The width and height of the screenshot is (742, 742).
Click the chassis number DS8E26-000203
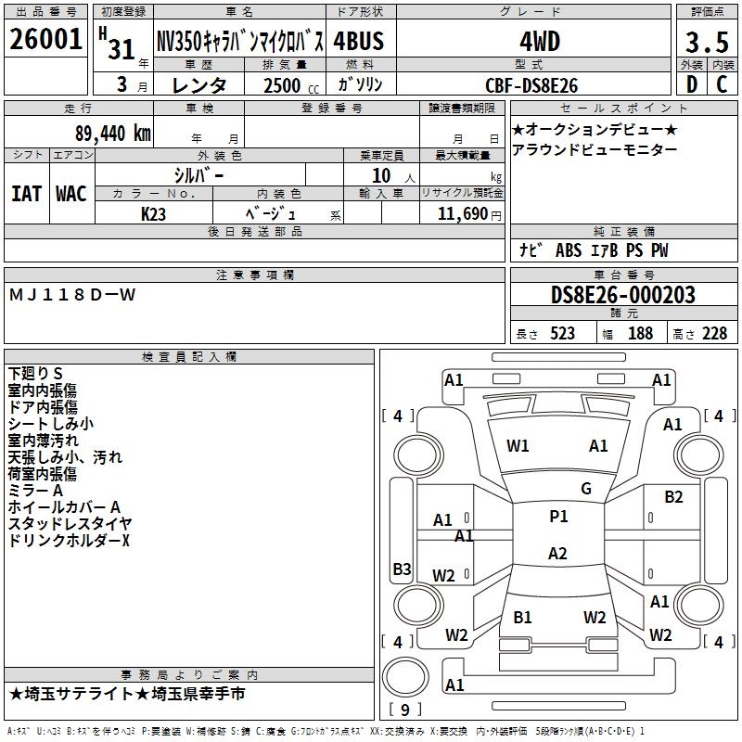[x=622, y=295]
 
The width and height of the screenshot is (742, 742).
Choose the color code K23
[x=154, y=213]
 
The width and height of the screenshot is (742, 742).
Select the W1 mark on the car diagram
[x=518, y=446]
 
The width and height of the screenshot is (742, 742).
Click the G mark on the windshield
[x=585, y=489]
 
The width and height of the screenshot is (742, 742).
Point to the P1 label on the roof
[x=558, y=517]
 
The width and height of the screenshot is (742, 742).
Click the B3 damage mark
[x=402, y=569]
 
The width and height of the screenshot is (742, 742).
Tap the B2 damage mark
[x=673, y=497]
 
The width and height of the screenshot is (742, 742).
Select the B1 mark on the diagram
[x=522, y=617]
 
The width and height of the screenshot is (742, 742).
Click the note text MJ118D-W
[x=72, y=295]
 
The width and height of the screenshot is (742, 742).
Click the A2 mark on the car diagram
[x=557, y=554]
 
